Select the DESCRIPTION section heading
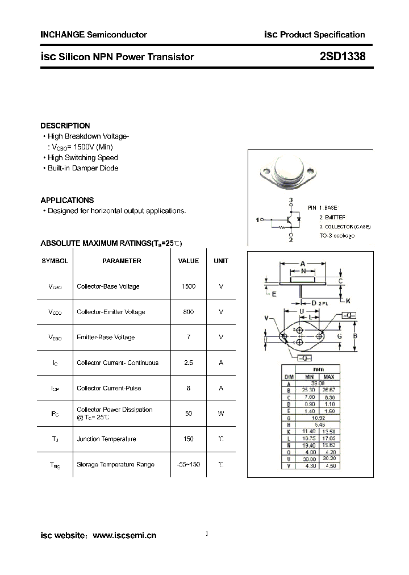[65, 126]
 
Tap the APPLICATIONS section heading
[67, 200]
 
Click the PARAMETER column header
[122, 261]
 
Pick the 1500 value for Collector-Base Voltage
[188, 286]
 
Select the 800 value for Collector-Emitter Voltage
[188, 312]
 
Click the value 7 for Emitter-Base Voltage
[188, 338]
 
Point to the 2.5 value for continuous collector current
[188, 363]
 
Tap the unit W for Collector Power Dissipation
[221, 414]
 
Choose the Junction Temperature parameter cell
[106, 439]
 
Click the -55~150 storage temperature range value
[188, 464]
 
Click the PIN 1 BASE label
[323, 208]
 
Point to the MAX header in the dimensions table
[328, 377]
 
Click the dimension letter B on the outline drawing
[355, 336]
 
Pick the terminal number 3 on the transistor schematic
[290, 200]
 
